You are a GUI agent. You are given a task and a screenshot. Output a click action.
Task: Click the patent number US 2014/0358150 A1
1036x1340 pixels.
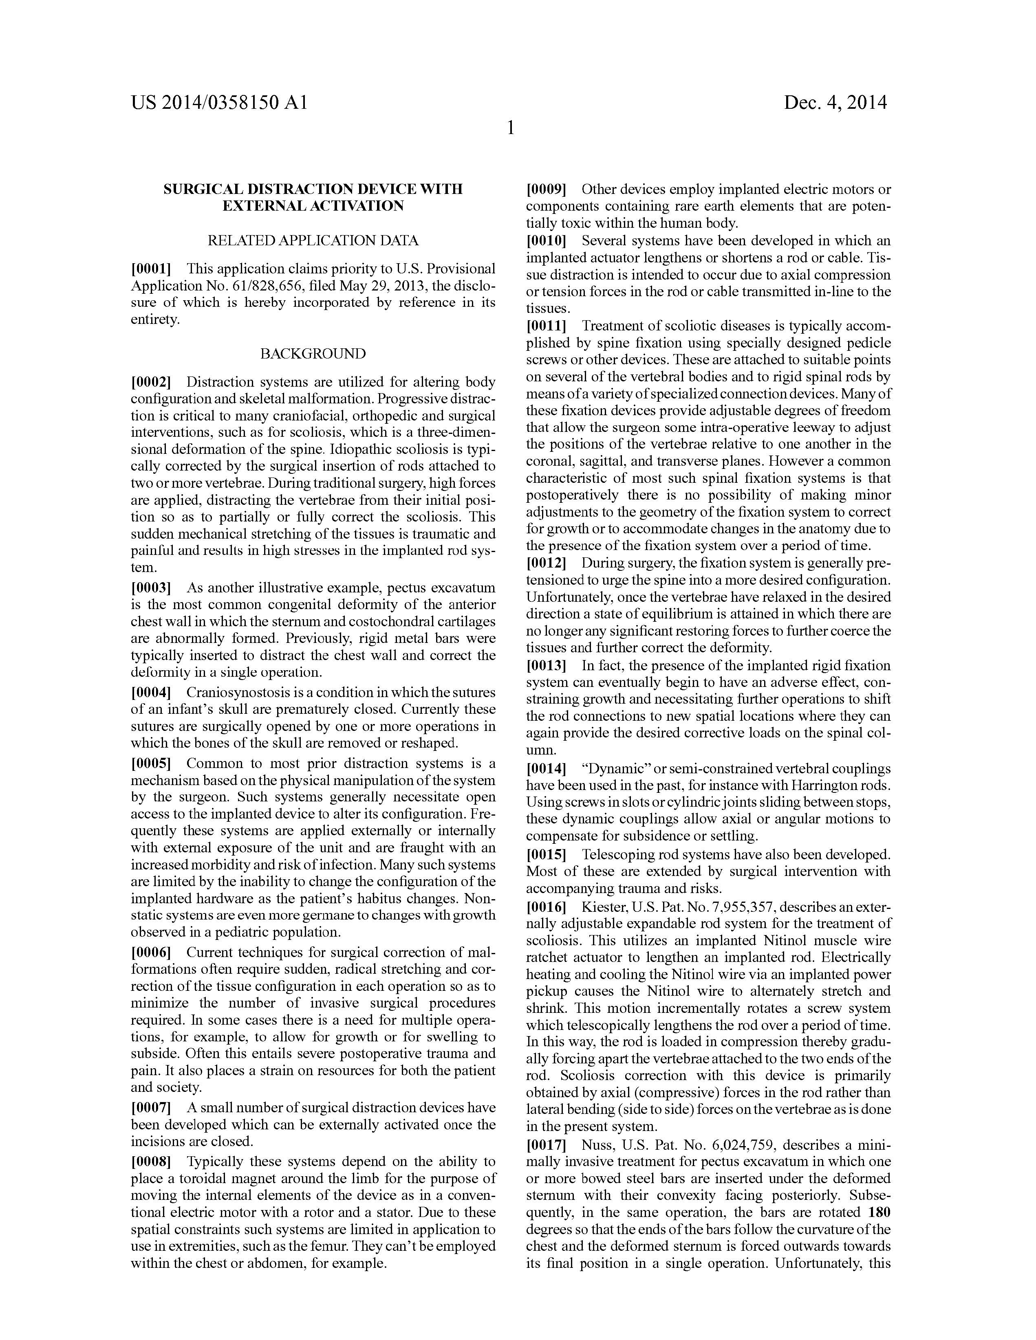(219, 102)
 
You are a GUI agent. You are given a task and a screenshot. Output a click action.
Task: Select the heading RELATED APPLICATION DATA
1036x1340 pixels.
(313, 240)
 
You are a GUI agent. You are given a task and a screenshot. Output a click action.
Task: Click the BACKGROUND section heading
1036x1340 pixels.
(313, 354)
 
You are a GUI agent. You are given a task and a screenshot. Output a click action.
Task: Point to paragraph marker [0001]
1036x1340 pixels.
(151, 269)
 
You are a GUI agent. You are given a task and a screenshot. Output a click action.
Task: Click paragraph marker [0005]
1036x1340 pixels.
(151, 763)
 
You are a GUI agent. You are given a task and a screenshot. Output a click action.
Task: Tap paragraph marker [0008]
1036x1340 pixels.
(151, 1162)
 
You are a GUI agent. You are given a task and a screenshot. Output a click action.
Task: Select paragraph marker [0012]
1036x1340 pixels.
(546, 563)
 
